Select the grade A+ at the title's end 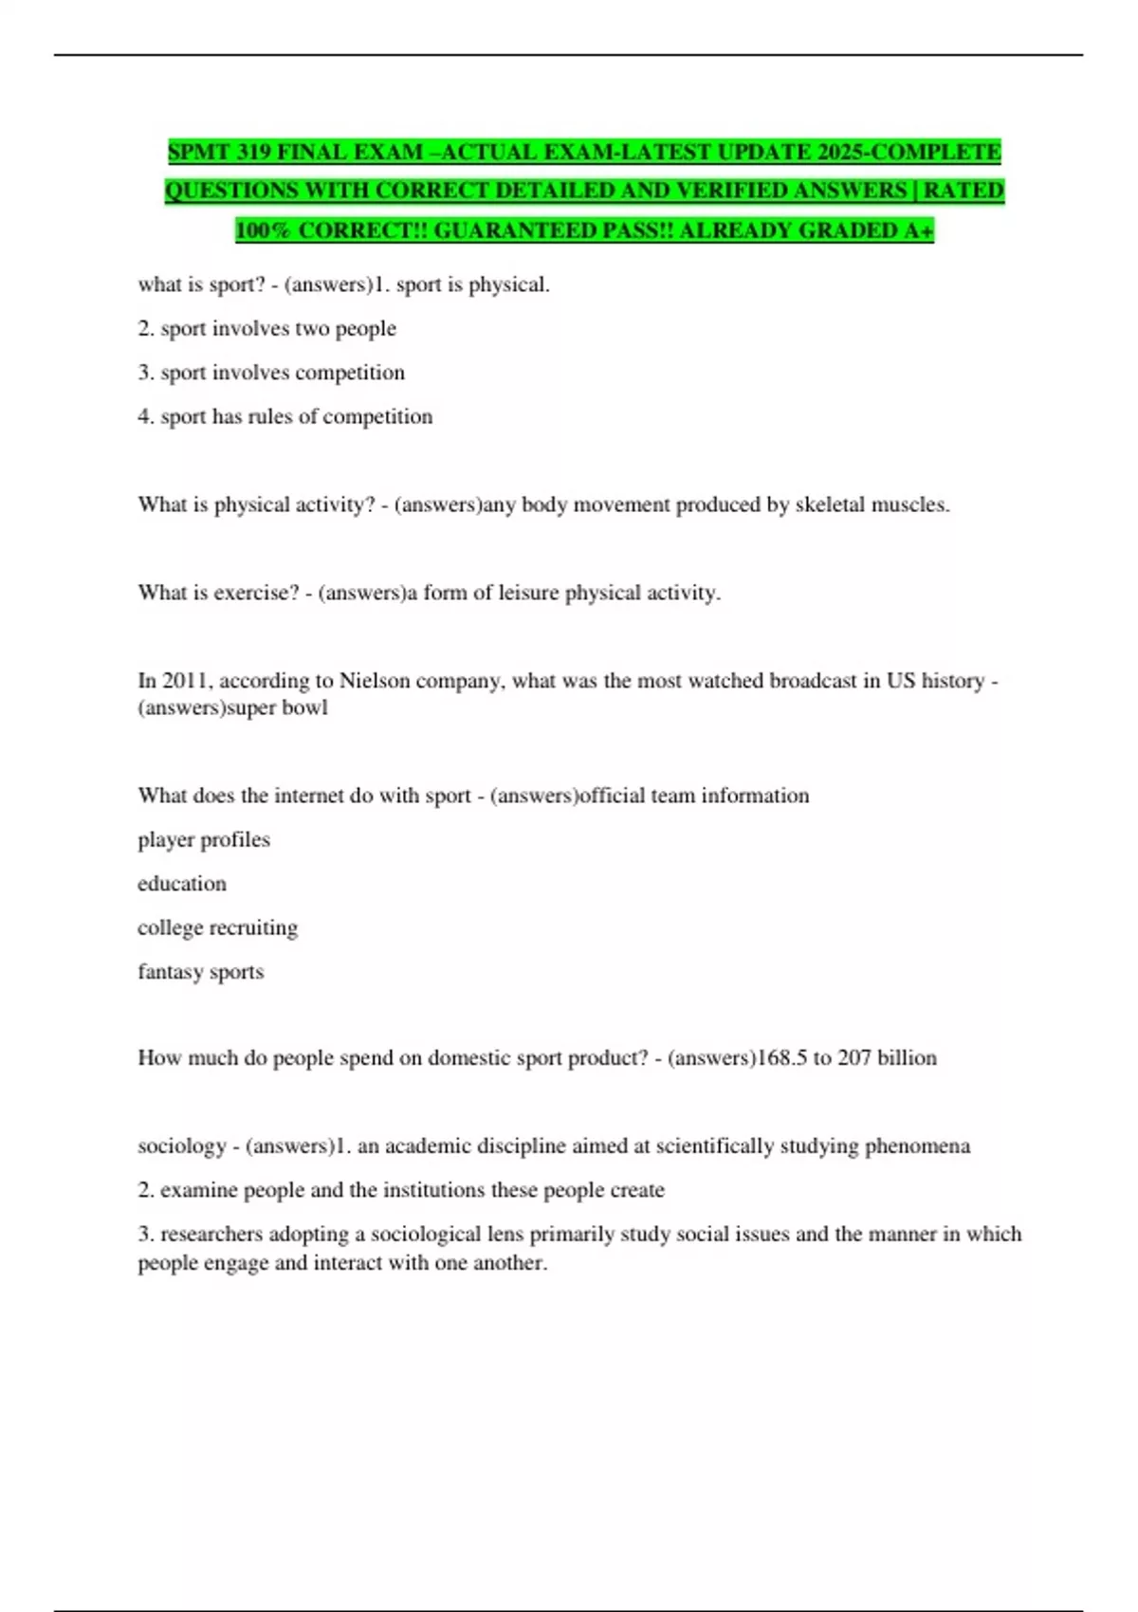pos(919,230)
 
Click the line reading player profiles pos(204,839)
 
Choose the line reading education pos(182,884)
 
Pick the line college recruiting pos(217,927)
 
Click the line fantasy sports pos(201,972)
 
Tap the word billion pos(907,1057)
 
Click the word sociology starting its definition pos(182,1145)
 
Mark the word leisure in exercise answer pos(527,593)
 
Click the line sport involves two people pos(266,328)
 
